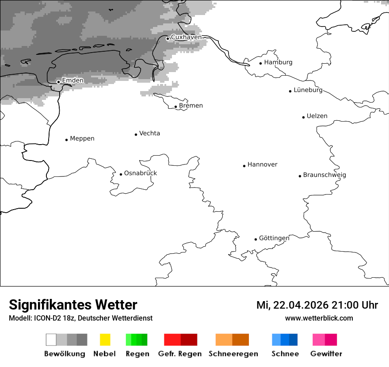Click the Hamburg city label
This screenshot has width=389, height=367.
coord(278,62)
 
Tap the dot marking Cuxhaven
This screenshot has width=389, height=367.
coord(168,38)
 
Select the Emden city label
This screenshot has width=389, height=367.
coord(72,80)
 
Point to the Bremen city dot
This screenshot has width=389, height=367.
coord(175,107)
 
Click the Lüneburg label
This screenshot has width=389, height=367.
coord(308,90)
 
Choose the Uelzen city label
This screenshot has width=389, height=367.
coord(317,116)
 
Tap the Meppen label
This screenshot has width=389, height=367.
coord(82,139)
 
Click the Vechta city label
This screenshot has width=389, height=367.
coord(149,134)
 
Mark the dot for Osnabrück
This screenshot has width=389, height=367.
coord(121,174)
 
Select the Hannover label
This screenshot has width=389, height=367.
coord(262,164)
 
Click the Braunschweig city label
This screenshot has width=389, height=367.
coord(324,175)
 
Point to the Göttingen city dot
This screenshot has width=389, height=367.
coord(256,239)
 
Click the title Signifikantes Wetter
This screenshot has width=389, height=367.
coord(73,305)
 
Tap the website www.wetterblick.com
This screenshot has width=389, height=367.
coord(319,318)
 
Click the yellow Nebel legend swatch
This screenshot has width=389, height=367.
coord(105,340)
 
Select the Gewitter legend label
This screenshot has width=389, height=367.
coord(326,354)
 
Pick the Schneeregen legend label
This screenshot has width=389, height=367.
coord(233,354)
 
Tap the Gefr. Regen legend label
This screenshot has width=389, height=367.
coord(179,354)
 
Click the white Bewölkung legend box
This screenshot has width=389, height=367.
coord(51,340)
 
